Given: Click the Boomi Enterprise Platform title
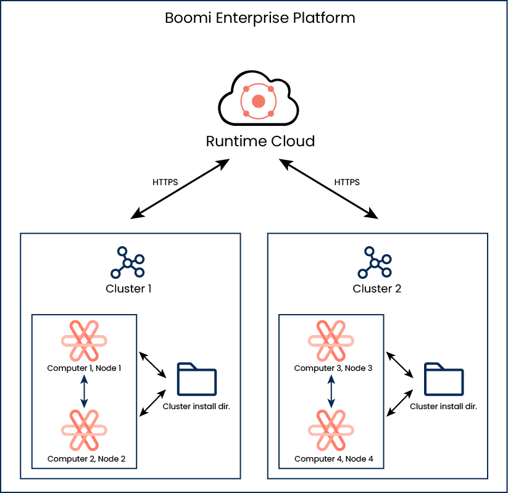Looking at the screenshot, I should pos(260,18).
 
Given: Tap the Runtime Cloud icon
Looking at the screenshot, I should pos(259,100).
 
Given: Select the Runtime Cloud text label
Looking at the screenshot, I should pos(260,141).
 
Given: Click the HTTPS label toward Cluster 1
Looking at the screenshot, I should pos(165,183).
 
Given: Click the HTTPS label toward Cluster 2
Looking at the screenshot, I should pos(347,183).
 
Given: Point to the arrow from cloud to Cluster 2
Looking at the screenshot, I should pos(328,188).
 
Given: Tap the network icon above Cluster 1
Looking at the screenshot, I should pos(127,262).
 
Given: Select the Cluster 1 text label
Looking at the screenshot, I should pos(128,288).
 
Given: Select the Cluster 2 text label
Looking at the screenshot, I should pos(377,288).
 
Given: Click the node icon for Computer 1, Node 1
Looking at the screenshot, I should pos(85,341).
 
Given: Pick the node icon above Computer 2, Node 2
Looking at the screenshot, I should pos(85,429).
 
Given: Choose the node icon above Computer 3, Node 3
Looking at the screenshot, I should pos(331,341).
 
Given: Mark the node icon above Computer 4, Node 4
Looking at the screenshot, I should pos(331,429).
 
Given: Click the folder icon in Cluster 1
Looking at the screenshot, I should pos(196,379).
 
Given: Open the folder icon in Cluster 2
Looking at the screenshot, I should pos(443,379).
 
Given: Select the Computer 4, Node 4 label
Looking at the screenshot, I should pos(333,459).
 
